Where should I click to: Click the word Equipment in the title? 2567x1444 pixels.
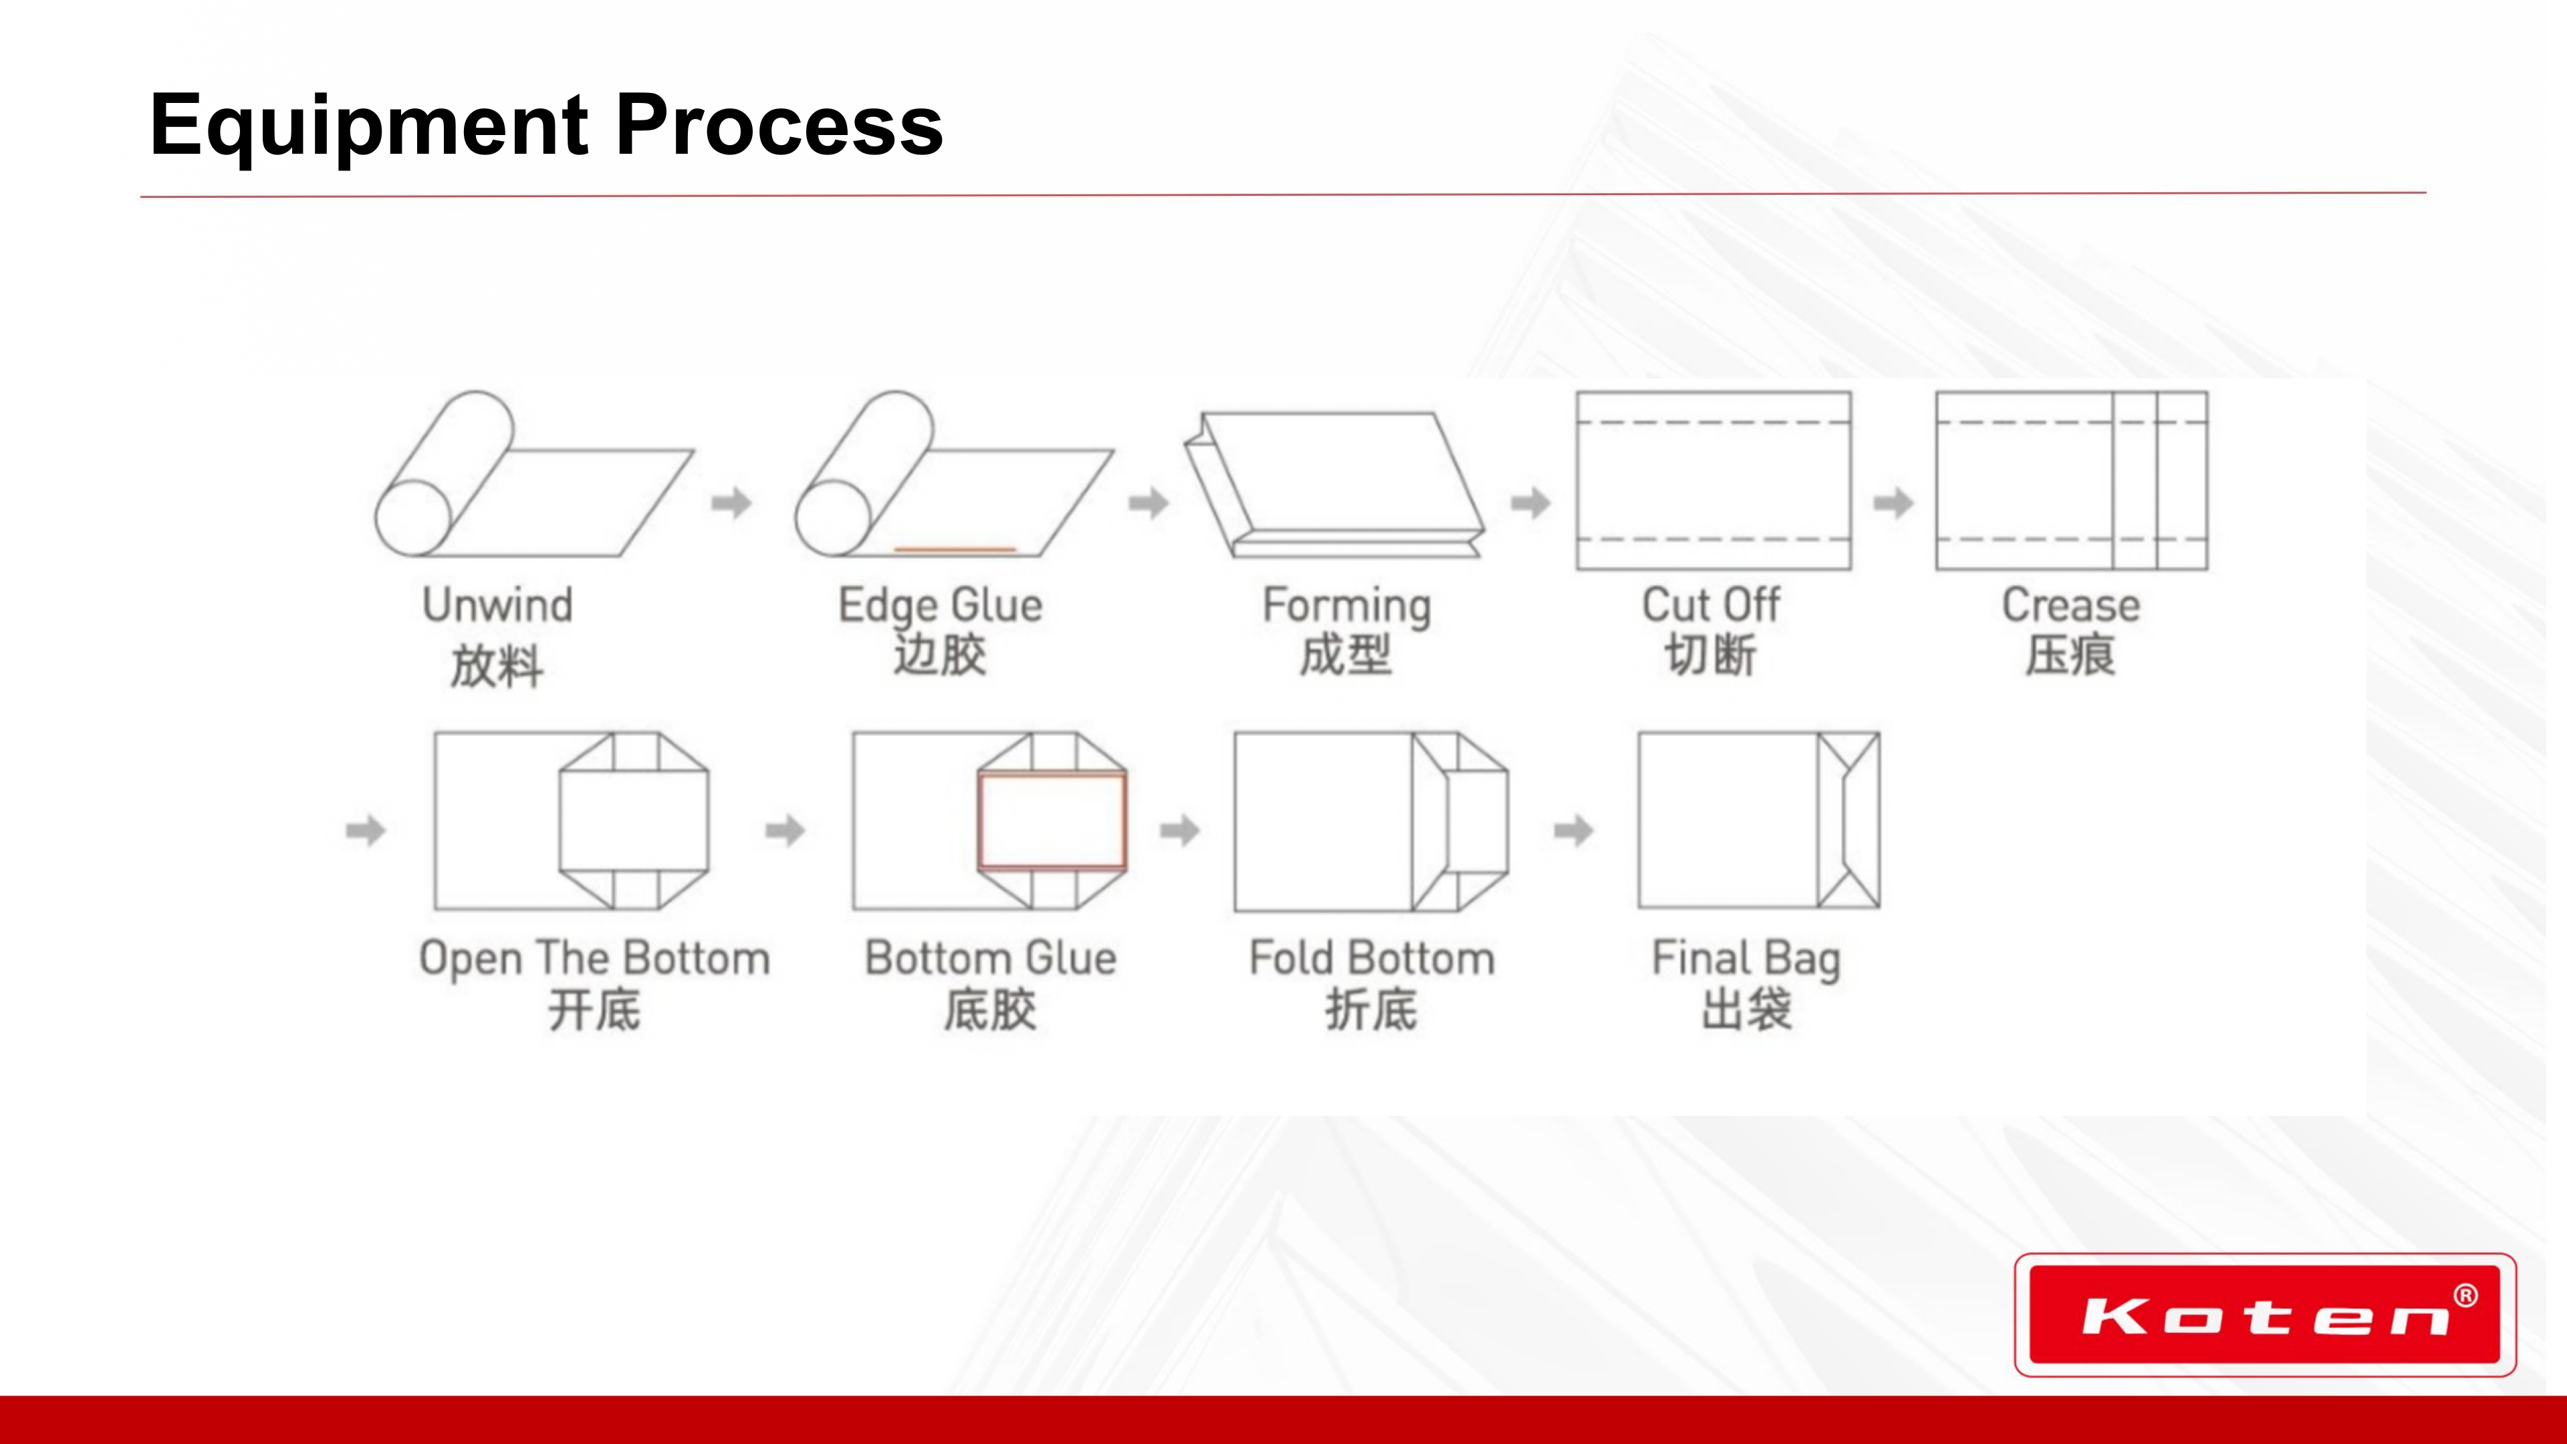369,126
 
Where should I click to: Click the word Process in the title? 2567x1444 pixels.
779,126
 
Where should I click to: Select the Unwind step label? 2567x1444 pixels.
497,605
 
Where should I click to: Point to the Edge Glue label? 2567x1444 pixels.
940,605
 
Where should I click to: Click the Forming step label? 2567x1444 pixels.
1346,605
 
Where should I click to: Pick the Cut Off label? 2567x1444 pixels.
1710,605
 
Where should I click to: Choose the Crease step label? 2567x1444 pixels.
2071,605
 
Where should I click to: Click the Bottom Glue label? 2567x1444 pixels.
991,958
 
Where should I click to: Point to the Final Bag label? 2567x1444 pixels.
1746,958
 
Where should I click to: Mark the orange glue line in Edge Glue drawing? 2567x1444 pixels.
955,548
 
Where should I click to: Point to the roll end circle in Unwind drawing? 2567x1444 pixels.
412,517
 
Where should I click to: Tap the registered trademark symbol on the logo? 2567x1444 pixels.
2465,1296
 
